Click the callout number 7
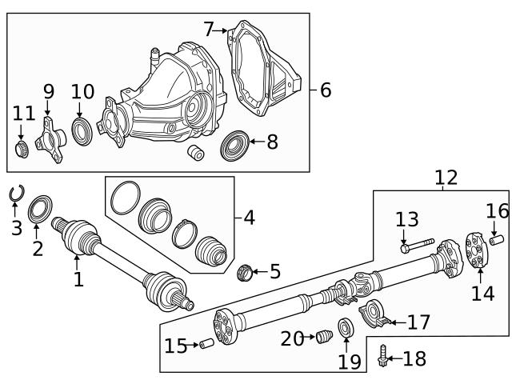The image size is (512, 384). point(209,30)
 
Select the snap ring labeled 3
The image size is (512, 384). point(16,193)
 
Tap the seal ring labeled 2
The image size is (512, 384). point(38,210)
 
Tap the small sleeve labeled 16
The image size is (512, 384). point(496,238)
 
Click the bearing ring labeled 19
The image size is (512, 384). point(346,328)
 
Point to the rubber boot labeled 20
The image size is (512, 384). point(324,338)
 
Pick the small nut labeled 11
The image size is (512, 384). point(22,149)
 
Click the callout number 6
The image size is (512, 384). point(325,90)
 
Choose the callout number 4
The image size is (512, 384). point(249,217)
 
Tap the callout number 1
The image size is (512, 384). point(78,280)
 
